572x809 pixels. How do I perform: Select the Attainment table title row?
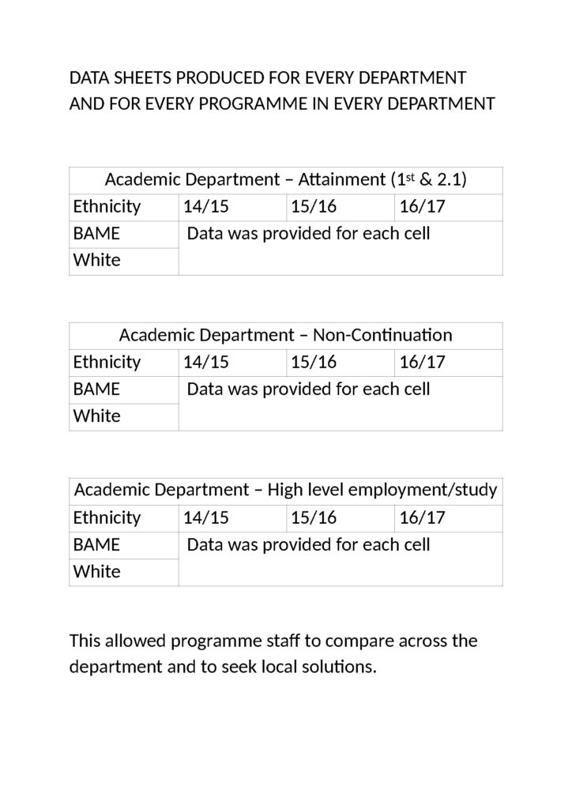click(285, 180)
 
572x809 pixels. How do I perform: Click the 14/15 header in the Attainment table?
click(205, 207)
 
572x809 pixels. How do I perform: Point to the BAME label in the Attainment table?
click(96, 234)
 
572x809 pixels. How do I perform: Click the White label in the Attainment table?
click(96, 261)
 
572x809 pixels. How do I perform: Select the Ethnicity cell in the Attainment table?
click(107, 207)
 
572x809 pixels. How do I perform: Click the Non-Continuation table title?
click(285, 335)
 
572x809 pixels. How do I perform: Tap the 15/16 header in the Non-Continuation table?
click(314, 363)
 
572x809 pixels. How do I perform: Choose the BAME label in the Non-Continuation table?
click(96, 389)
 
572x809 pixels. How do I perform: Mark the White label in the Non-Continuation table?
click(96, 416)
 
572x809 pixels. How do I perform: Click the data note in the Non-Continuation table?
click(308, 389)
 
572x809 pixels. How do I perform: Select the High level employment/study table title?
click(285, 491)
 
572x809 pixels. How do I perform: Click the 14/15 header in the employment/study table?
click(205, 518)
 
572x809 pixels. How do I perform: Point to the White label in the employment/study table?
click(96, 572)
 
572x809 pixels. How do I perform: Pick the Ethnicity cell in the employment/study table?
click(107, 518)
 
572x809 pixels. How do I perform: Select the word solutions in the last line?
click(341, 667)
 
